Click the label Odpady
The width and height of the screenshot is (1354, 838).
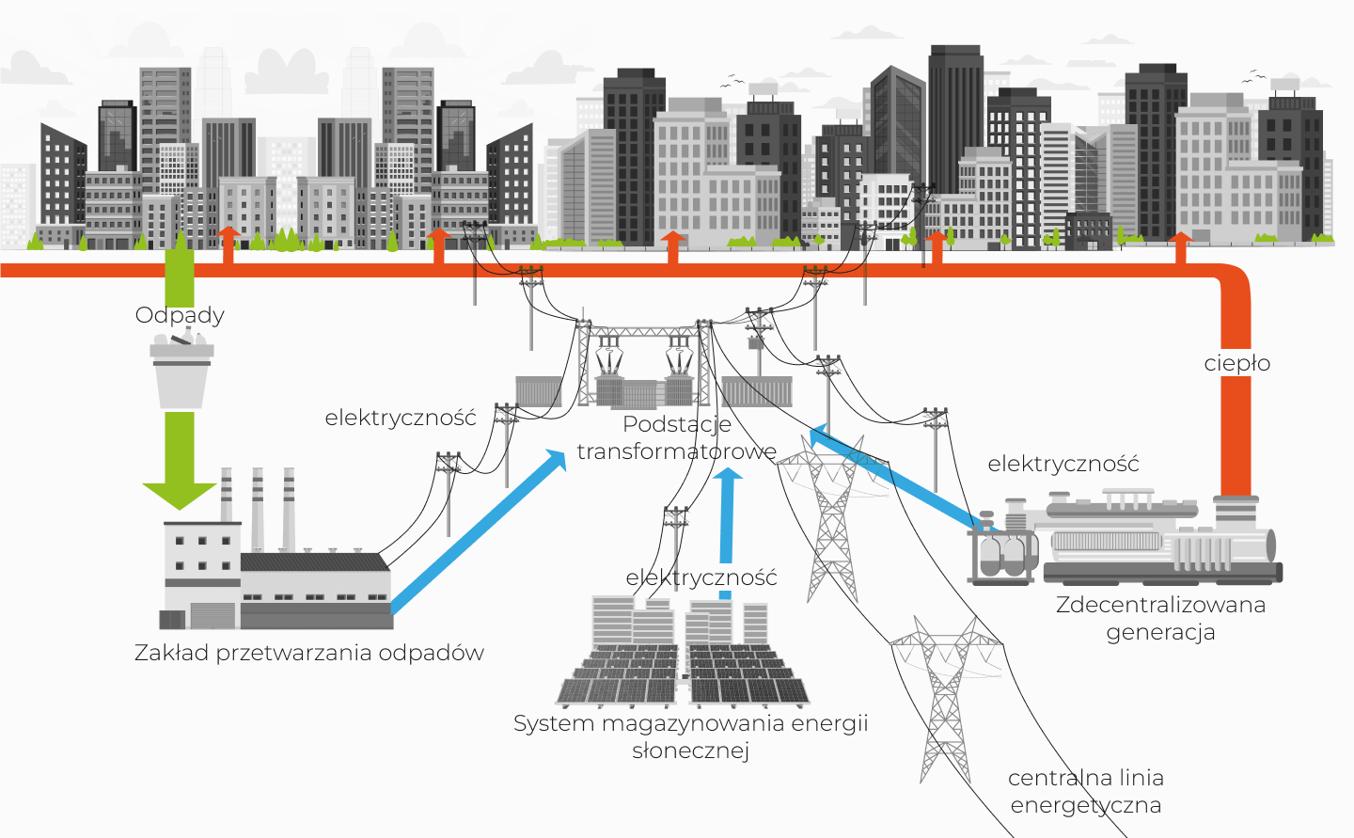point(180,315)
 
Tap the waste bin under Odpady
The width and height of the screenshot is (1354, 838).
point(181,376)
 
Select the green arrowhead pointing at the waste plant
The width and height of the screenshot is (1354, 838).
point(180,494)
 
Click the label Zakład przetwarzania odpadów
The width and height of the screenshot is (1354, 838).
point(308,653)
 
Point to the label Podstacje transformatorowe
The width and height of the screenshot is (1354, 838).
point(676,438)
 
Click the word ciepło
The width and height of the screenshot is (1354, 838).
point(1236,363)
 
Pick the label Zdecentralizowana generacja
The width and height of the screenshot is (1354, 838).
point(1160,618)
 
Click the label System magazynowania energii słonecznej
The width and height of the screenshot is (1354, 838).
point(690,736)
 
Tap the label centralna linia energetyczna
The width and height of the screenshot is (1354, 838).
point(1086,791)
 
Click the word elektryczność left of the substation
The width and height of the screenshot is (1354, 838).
point(401,418)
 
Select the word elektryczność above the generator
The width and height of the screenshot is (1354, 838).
point(1063,464)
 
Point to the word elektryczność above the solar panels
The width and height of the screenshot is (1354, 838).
point(701,577)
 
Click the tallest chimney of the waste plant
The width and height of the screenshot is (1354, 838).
point(257,508)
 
